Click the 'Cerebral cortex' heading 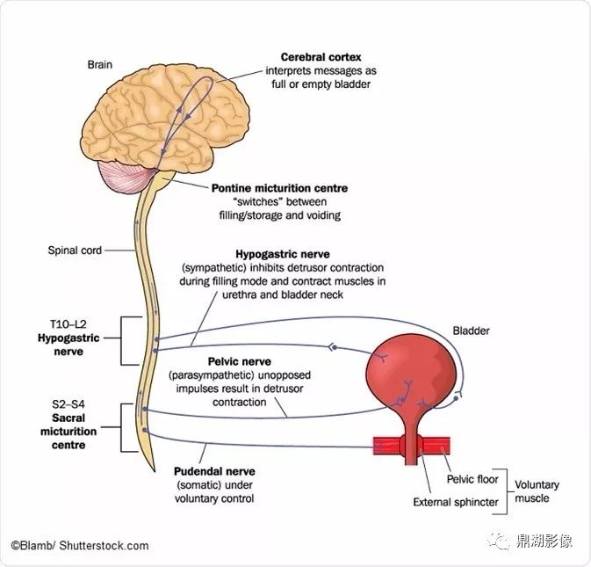(x=321, y=57)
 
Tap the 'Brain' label (x=100, y=64)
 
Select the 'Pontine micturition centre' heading (x=279, y=188)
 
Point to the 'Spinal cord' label (x=75, y=251)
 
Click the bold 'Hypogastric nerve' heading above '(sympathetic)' (x=282, y=254)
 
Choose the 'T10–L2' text (x=68, y=324)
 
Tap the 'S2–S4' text (x=68, y=404)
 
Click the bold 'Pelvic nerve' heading (x=240, y=361)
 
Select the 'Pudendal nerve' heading (x=214, y=471)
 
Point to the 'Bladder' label (x=471, y=331)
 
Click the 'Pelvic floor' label (x=472, y=479)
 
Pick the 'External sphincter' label (x=456, y=502)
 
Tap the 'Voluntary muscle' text (x=537, y=491)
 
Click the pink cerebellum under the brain (x=125, y=178)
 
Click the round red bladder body (x=411, y=370)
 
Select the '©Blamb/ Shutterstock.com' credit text (x=80, y=546)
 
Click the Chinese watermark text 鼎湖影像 (x=544, y=541)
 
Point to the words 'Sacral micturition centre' (x=68, y=432)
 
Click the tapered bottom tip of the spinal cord (x=155, y=470)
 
